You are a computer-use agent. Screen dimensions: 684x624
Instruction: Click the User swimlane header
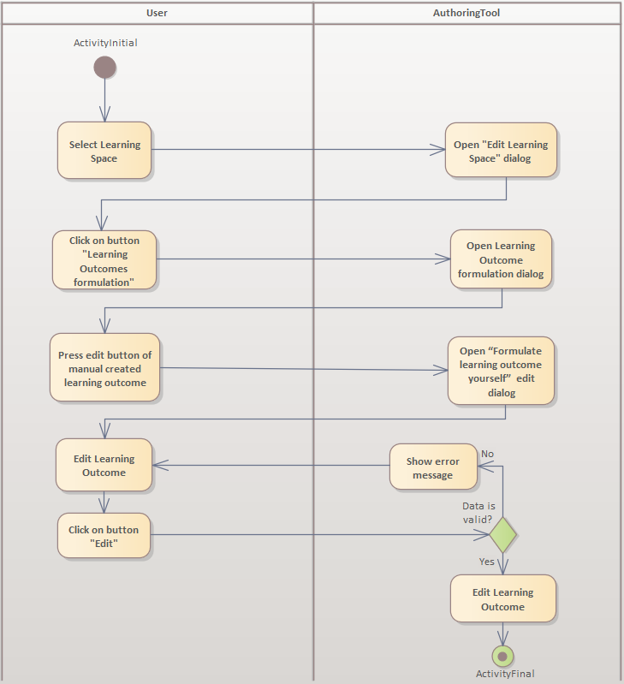pyautogui.click(x=157, y=13)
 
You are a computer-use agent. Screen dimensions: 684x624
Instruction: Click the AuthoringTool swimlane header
pyautogui.click(x=467, y=13)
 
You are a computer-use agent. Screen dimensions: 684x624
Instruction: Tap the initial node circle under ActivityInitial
pyautogui.click(x=104, y=68)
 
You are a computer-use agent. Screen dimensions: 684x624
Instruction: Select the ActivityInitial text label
pyautogui.click(x=105, y=43)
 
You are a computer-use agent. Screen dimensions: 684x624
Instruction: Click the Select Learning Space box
pyautogui.click(x=104, y=151)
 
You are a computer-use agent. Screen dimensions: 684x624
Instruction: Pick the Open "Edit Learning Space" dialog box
pyautogui.click(x=501, y=151)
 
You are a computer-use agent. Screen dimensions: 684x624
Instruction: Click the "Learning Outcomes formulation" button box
pyautogui.click(x=105, y=261)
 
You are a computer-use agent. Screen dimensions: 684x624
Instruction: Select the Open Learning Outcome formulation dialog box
pyautogui.click(x=501, y=259)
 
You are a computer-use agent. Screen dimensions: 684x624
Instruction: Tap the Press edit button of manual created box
pyautogui.click(x=104, y=368)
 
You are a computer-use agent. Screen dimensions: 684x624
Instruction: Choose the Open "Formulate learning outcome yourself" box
pyautogui.click(x=501, y=372)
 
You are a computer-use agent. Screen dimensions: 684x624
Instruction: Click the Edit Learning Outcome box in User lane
pyautogui.click(x=104, y=466)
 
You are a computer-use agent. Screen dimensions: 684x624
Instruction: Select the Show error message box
pyautogui.click(x=433, y=467)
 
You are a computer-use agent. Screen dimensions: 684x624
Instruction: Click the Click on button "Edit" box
pyautogui.click(x=104, y=537)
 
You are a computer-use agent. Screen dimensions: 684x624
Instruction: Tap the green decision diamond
pyautogui.click(x=502, y=536)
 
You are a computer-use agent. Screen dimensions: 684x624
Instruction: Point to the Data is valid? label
pyautogui.click(x=478, y=512)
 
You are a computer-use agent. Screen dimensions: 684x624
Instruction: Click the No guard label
pyautogui.click(x=487, y=454)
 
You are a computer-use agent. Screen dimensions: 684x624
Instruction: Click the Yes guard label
pyautogui.click(x=486, y=562)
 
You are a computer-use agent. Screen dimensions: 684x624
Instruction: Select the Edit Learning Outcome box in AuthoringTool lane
pyautogui.click(x=502, y=599)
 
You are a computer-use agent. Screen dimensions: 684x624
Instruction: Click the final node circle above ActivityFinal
pyautogui.click(x=502, y=657)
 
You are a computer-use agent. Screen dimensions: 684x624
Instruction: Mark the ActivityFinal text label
pyautogui.click(x=505, y=674)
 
